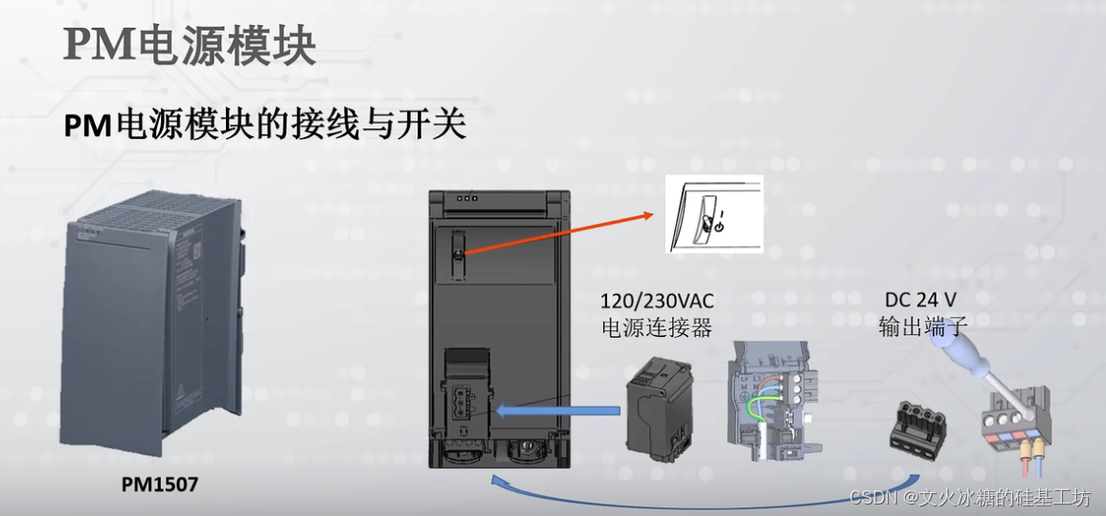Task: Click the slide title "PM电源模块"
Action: click(190, 46)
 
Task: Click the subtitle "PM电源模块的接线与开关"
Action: click(265, 125)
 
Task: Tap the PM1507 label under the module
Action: click(160, 484)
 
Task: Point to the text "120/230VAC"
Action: click(657, 302)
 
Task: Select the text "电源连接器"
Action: click(657, 328)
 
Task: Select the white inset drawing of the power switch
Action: click(713, 214)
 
